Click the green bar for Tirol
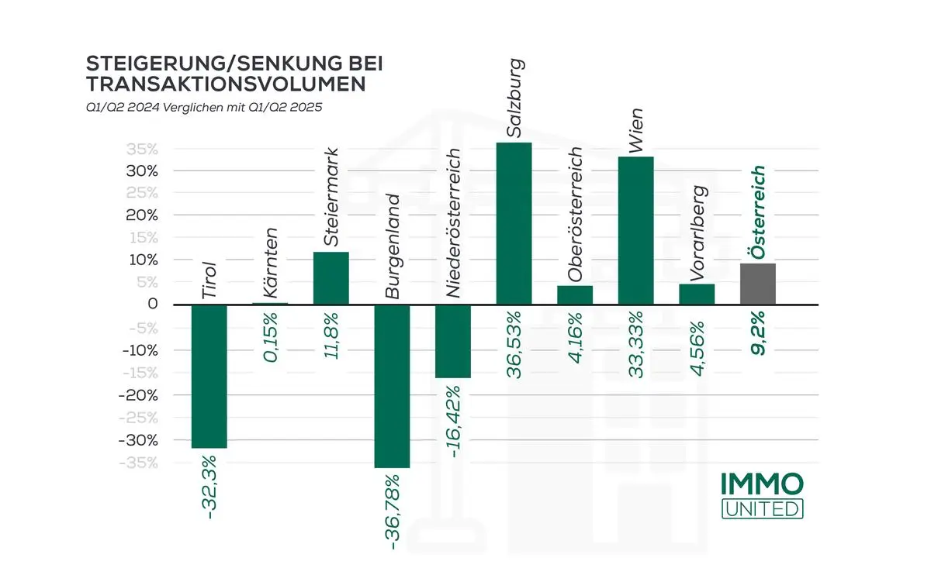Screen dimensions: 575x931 209,376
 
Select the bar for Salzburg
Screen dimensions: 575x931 514,223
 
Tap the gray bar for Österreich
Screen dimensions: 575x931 757,284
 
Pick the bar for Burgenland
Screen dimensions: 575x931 392,386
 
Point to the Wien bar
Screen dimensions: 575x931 636,230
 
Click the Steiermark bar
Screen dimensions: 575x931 331,277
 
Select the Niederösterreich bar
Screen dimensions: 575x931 453,341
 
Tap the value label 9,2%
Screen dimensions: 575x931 758,332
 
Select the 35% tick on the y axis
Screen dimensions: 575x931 143,149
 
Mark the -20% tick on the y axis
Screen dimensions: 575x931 141,395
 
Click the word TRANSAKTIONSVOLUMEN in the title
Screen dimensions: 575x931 226,84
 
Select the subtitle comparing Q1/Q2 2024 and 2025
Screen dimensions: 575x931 203,107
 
